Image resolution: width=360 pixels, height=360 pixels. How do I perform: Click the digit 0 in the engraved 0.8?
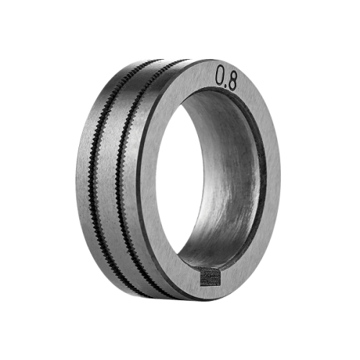[x=220, y=76]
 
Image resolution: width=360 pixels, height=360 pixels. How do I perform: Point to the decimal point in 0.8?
[x=226, y=86]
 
